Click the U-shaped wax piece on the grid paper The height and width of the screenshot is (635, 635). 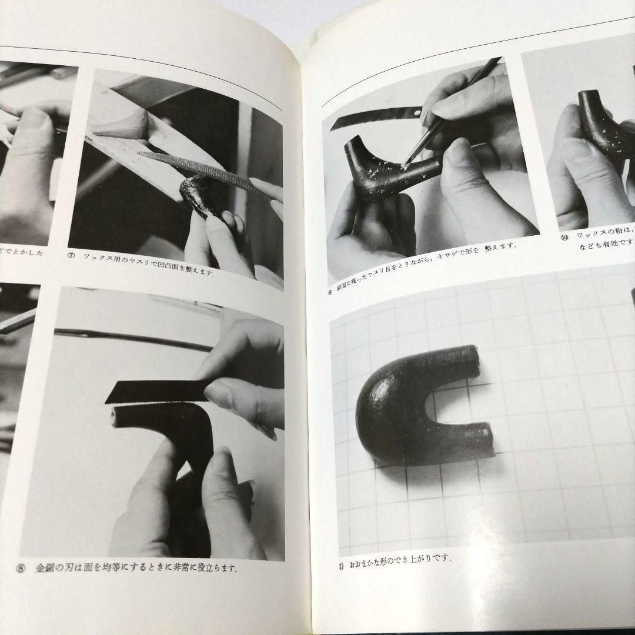tap(412, 406)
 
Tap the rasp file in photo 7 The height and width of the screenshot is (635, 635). tap(200, 170)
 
